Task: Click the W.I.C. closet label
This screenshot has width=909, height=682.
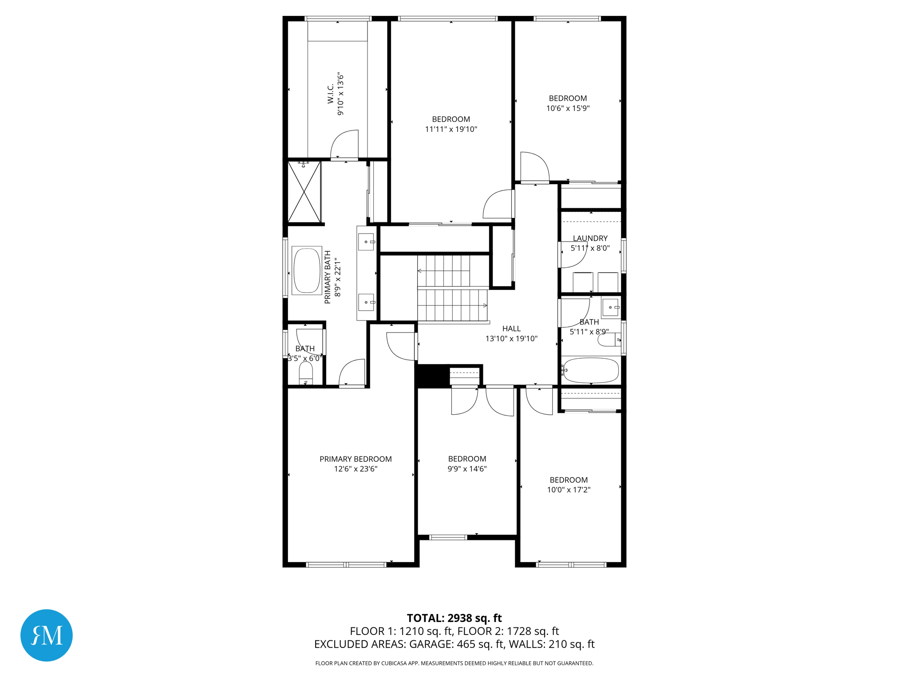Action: (331, 94)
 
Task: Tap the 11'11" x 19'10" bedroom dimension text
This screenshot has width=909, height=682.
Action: (451, 129)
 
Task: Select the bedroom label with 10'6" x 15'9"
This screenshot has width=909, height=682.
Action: (568, 98)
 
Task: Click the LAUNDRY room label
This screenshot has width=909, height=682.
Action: (590, 238)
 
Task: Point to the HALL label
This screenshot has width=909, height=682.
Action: (511, 329)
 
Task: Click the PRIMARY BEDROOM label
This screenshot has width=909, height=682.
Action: (356, 459)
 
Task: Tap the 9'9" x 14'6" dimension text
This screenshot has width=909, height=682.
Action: (467, 469)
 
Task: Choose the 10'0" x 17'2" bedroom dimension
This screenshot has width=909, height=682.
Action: (569, 490)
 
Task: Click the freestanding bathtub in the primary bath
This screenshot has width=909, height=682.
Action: (307, 270)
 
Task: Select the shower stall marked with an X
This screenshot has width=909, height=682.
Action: (304, 192)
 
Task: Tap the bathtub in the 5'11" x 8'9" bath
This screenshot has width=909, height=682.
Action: (591, 370)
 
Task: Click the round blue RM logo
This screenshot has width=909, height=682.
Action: (47, 635)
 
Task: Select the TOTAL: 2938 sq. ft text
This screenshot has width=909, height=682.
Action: (454, 618)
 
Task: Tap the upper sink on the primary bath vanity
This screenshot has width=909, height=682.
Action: (366, 242)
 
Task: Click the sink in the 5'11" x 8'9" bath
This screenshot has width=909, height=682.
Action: (610, 307)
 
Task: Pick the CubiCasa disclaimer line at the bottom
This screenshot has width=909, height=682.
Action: (454, 663)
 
